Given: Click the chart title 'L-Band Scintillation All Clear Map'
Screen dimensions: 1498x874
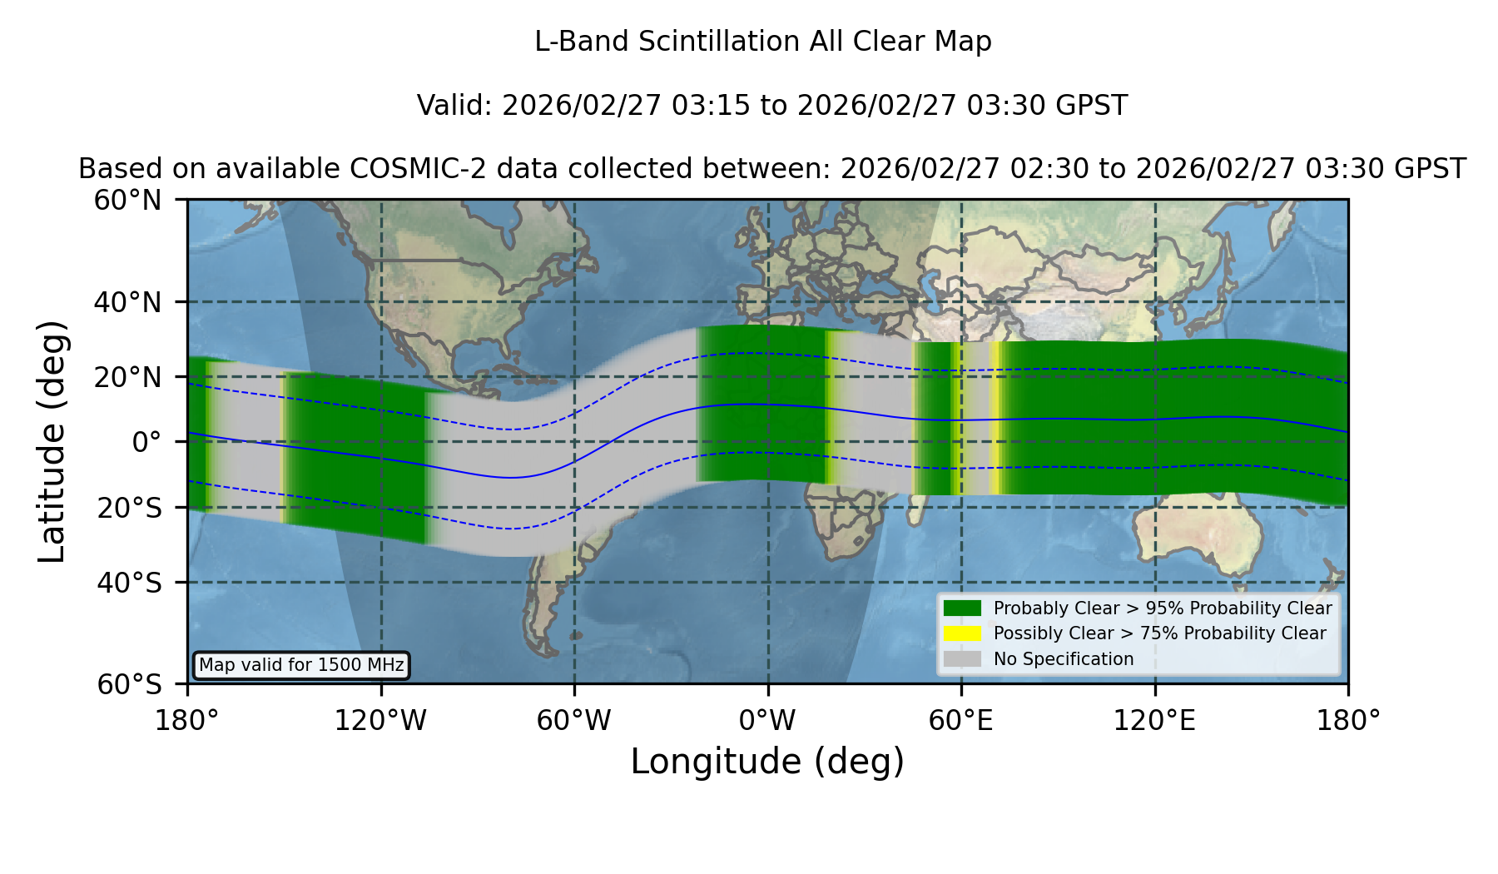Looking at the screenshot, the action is coord(763,42).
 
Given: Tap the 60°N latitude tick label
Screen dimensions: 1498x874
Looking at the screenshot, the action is coord(128,201).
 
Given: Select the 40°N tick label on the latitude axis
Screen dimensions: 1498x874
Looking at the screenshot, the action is coord(128,302).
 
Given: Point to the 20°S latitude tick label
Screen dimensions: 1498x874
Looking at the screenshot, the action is coord(129,508).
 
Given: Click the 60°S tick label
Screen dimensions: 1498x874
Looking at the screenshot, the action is coord(129,684).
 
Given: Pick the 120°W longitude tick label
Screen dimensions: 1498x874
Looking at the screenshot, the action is coord(380,721).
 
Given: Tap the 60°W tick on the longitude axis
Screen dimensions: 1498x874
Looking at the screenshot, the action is coord(574,721).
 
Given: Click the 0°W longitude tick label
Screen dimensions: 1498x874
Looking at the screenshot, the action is coord(768,721).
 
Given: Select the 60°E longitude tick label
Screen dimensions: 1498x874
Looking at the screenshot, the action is coord(961,721).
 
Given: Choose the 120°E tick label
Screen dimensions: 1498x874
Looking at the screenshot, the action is coord(1155,721).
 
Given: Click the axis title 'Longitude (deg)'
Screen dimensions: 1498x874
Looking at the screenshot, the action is coord(767,762).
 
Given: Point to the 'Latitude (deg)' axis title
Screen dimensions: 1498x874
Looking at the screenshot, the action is coord(52,441).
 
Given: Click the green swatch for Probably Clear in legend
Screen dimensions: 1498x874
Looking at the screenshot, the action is coord(962,608).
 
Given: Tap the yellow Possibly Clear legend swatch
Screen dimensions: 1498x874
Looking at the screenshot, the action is coord(962,633).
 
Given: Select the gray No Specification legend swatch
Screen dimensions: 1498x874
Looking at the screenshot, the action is coord(962,659).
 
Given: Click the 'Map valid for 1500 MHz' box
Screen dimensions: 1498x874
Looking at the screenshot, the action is coord(301,665).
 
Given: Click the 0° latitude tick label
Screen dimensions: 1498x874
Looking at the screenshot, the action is coord(146,442).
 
